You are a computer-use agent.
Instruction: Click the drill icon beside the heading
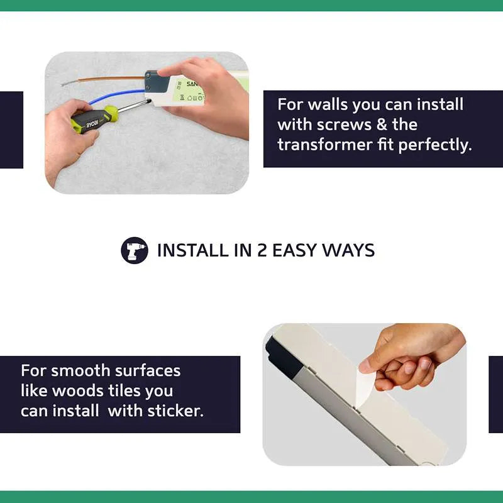[135, 250]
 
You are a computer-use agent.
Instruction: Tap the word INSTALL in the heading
[192, 250]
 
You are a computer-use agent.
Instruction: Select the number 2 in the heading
[262, 250]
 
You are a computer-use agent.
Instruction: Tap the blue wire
[116, 96]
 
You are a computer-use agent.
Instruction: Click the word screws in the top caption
[344, 124]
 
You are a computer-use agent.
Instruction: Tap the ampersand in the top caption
[382, 124]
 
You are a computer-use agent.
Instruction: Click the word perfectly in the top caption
[435, 145]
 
